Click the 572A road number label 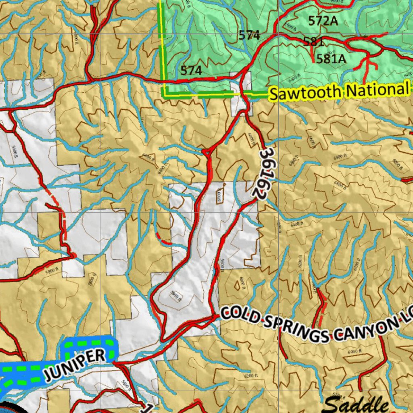tap(323, 21)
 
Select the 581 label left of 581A tap(314, 42)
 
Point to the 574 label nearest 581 tap(249, 35)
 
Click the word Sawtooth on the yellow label tap(305, 93)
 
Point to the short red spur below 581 tap(312, 54)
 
